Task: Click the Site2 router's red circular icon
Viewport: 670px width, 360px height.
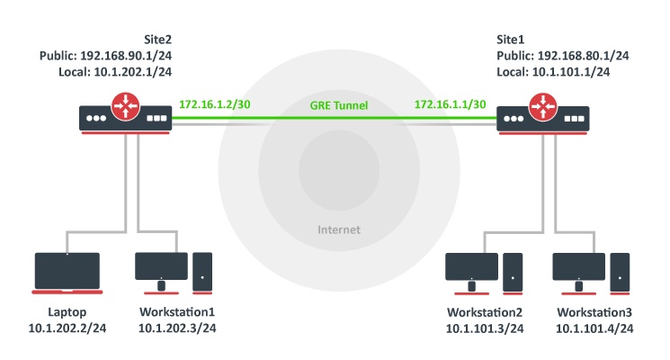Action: click(x=125, y=105)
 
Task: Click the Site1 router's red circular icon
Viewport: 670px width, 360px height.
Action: click(x=542, y=106)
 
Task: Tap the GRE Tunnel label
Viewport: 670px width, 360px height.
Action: click(x=339, y=105)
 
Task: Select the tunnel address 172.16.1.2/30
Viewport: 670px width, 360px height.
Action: click(x=215, y=104)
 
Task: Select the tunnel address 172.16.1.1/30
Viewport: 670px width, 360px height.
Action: click(x=450, y=104)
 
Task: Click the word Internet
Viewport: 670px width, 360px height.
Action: click(x=339, y=229)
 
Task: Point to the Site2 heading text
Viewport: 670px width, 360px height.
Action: click(x=157, y=40)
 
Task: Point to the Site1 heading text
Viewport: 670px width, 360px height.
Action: click(x=510, y=40)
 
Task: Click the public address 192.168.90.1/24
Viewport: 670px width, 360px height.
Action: click(x=126, y=56)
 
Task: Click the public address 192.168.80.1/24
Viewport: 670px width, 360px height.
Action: click(x=584, y=56)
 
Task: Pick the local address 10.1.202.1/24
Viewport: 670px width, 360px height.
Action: click(x=133, y=72)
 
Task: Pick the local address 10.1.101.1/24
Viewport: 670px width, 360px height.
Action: click(x=571, y=72)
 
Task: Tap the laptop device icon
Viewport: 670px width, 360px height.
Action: click(x=67, y=274)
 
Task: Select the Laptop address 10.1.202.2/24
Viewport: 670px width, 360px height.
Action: click(x=67, y=328)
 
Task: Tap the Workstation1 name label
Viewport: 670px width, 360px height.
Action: click(x=177, y=312)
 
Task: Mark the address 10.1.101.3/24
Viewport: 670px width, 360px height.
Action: click(x=485, y=328)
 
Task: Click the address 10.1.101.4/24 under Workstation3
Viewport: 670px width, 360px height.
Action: click(x=594, y=328)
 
